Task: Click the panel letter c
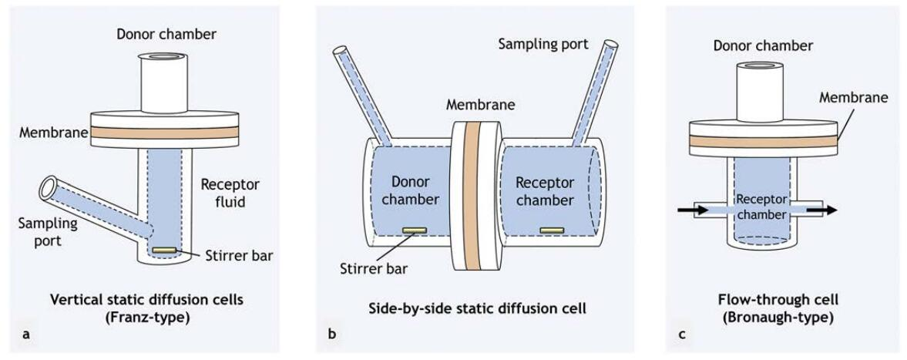pyautogui.click(x=682, y=335)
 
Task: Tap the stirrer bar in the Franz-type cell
pyautogui.click(x=163, y=251)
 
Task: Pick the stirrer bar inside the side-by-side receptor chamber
pyautogui.click(x=549, y=230)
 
